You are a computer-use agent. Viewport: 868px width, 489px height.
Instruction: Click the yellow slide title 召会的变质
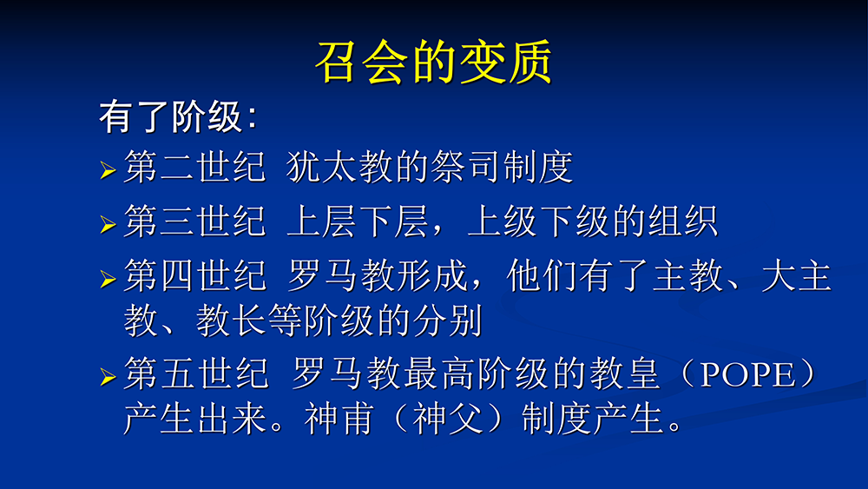433,62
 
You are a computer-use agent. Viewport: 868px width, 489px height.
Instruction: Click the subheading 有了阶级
172,117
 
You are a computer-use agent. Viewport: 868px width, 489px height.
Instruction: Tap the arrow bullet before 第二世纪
108,170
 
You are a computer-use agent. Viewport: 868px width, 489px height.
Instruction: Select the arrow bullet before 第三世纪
108,224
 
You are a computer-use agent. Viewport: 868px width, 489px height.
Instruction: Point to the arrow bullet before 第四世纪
108,279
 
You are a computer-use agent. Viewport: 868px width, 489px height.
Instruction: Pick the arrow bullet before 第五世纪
108,377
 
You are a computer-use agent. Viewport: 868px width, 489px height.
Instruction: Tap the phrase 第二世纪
194,167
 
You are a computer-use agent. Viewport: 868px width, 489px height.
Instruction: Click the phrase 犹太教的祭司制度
430,167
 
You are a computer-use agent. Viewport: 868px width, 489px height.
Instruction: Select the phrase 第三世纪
194,221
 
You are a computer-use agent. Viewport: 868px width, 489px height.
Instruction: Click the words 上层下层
358,221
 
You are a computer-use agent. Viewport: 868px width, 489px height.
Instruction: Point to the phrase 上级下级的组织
592,221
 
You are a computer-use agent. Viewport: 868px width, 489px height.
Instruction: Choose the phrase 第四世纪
194,275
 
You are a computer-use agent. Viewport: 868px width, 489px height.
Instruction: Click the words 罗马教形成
378,275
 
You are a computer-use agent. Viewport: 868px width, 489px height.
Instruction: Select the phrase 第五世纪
196,373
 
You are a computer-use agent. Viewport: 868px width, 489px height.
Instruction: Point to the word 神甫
339,418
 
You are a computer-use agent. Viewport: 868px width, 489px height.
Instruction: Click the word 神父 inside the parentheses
448,418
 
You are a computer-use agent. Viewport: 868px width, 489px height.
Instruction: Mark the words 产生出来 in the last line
194,418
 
